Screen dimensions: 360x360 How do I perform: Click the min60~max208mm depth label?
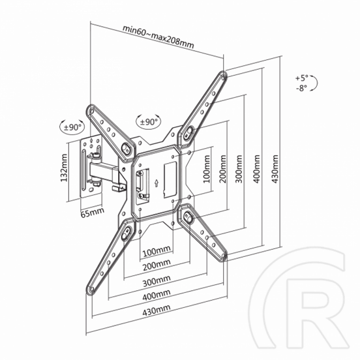click(158, 37)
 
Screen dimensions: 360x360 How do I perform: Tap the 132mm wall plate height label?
click(64, 168)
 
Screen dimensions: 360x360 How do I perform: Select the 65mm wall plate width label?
click(93, 213)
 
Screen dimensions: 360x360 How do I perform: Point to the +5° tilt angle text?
click(302, 78)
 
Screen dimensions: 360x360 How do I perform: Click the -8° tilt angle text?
click(302, 87)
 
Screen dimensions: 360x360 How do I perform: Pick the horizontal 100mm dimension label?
click(157, 252)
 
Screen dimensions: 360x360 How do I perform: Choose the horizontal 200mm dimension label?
click(157, 265)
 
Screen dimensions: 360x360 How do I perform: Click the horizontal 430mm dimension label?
click(157, 310)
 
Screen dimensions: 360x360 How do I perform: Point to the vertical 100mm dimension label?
click(207, 169)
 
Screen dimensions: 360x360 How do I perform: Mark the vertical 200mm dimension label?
click(222, 169)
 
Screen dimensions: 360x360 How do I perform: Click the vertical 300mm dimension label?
click(239, 169)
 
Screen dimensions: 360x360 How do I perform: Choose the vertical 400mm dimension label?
click(257, 169)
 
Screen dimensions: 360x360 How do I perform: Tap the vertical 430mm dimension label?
click(275, 169)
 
